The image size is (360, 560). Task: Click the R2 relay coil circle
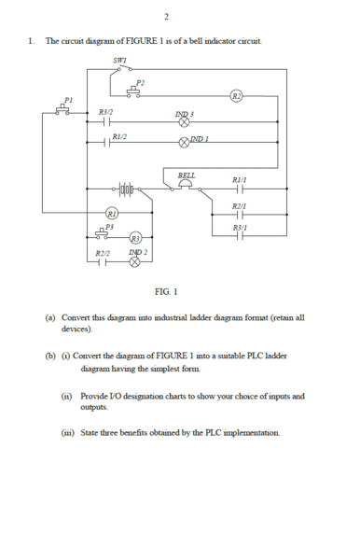pyautogui.click(x=236, y=96)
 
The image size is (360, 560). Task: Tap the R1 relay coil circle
pyautogui.click(x=112, y=213)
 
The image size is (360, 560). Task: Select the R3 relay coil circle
pyautogui.click(x=135, y=237)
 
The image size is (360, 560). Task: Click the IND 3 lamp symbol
pyautogui.click(x=184, y=122)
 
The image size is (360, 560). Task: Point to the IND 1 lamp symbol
pyautogui.click(x=184, y=143)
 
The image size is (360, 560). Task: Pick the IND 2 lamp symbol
pyautogui.click(x=134, y=262)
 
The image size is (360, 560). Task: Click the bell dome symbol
pyautogui.click(x=186, y=184)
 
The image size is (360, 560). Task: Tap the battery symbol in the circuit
pyautogui.click(x=126, y=189)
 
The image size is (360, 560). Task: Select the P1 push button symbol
pyautogui.click(x=62, y=110)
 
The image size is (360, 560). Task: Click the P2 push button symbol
pyautogui.click(x=133, y=92)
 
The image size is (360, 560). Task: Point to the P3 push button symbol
pyautogui.click(x=102, y=233)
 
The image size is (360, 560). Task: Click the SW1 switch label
pyautogui.click(x=119, y=61)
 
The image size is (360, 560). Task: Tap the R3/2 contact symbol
pyautogui.click(x=106, y=122)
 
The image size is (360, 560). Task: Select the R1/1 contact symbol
pyautogui.click(x=240, y=189)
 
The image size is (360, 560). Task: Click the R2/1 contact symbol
pyautogui.click(x=240, y=215)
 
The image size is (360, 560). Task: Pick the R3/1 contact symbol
pyautogui.click(x=240, y=236)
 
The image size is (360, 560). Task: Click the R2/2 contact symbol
pyautogui.click(x=103, y=262)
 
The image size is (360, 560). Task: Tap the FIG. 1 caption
pyautogui.click(x=166, y=292)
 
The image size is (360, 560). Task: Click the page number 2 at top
pyautogui.click(x=166, y=17)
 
